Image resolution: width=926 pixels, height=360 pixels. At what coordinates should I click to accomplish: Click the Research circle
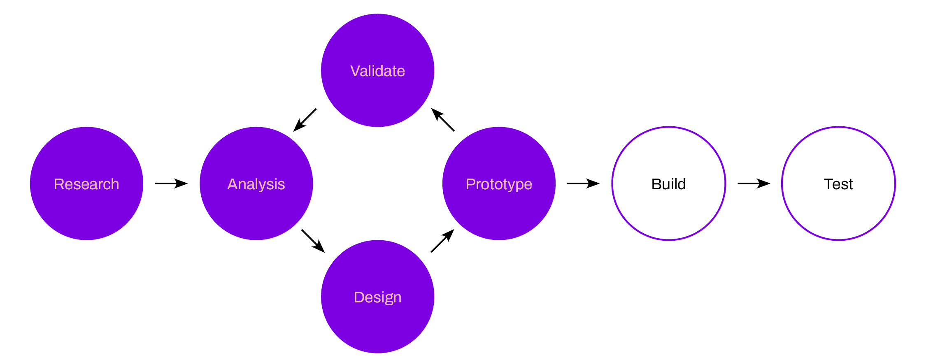coord(86,206)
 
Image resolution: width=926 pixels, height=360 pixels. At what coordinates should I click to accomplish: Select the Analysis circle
coord(256,206)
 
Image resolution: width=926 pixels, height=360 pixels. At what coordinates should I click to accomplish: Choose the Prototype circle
coord(499,206)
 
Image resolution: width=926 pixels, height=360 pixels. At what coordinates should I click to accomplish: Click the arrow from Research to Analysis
coord(171,183)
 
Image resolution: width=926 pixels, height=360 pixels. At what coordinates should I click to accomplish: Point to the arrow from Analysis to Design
coord(313,241)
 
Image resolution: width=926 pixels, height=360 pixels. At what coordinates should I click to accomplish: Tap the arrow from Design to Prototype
coord(442,241)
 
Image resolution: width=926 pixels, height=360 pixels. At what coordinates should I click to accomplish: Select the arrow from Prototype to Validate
coord(443,120)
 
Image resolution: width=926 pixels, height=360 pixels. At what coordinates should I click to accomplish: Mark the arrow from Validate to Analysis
coord(305,120)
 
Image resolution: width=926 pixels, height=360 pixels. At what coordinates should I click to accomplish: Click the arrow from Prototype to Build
coord(583,183)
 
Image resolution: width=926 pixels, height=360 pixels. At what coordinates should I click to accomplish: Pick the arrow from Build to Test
coord(754,183)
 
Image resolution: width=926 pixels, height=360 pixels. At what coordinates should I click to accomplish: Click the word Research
coord(86,184)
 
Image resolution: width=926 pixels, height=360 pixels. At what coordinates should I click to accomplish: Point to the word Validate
coord(377,71)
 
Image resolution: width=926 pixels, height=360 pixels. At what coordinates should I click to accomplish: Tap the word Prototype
coord(499,184)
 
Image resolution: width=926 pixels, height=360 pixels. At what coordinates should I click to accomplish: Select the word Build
coord(669,184)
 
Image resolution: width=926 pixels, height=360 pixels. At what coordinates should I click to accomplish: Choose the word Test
coord(838,184)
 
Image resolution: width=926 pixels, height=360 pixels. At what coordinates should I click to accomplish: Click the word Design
coord(377,297)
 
